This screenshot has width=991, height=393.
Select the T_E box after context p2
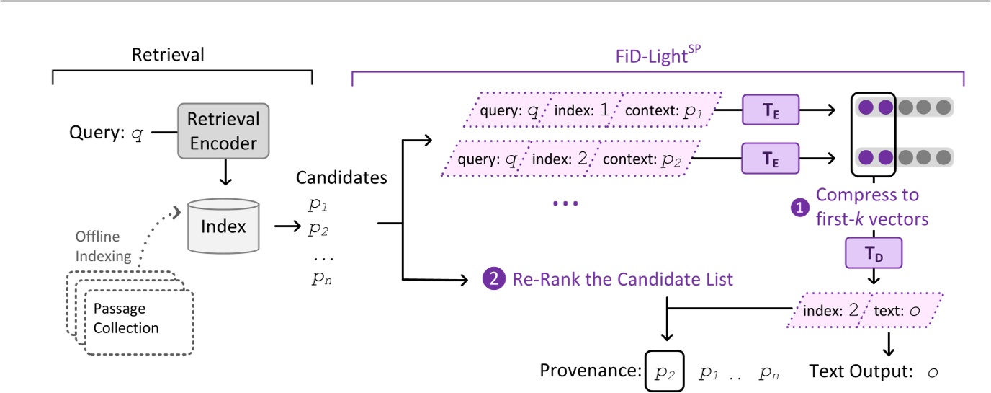click(x=771, y=156)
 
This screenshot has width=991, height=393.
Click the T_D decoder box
click(x=873, y=255)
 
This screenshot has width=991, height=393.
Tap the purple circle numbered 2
click(x=492, y=278)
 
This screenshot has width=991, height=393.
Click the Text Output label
click(x=856, y=372)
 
